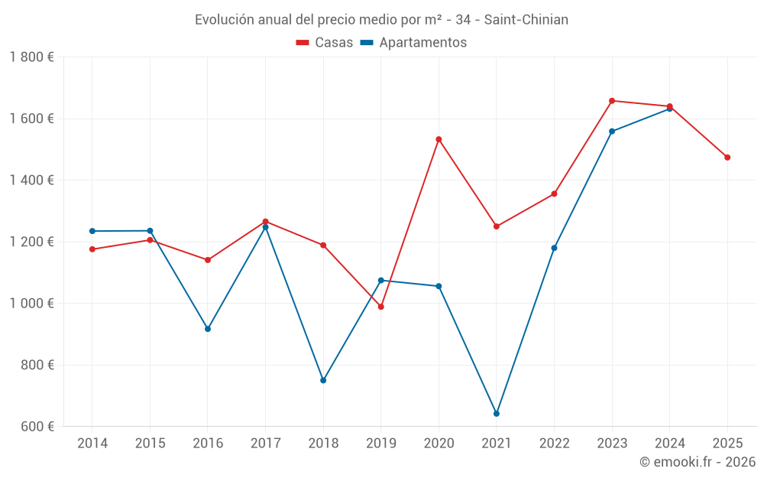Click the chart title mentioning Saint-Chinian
pyautogui.click(x=381, y=20)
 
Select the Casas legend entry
pyautogui.click(x=325, y=43)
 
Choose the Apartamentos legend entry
pyautogui.click(x=413, y=43)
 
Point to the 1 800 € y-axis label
pyautogui.click(x=31, y=57)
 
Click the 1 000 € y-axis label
pyautogui.click(x=31, y=304)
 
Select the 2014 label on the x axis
pyautogui.click(x=92, y=444)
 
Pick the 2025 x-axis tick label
pyautogui.click(x=727, y=444)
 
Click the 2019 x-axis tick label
pyautogui.click(x=381, y=444)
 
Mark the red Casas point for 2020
pyautogui.click(x=439, y=139)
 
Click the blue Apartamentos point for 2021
pyautogui.click(x=497, y=414)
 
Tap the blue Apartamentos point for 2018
pyautogui.click(x=323, y=380)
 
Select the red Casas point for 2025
pyautogui.click(x=727, y=158)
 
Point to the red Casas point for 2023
pyautogui.click(x=612, y=101)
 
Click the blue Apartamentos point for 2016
pyautogui.click(x=208, y=329)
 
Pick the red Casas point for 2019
pyautogui.click(x=381, y=307)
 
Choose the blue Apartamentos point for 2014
pyautogui.click(x=92, y=231)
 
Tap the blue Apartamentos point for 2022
pyautogui.click(x=554, y=248)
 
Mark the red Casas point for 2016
pyautogui.click(x=208, y=260)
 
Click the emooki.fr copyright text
pyautogui.click(x=697, y=462)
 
